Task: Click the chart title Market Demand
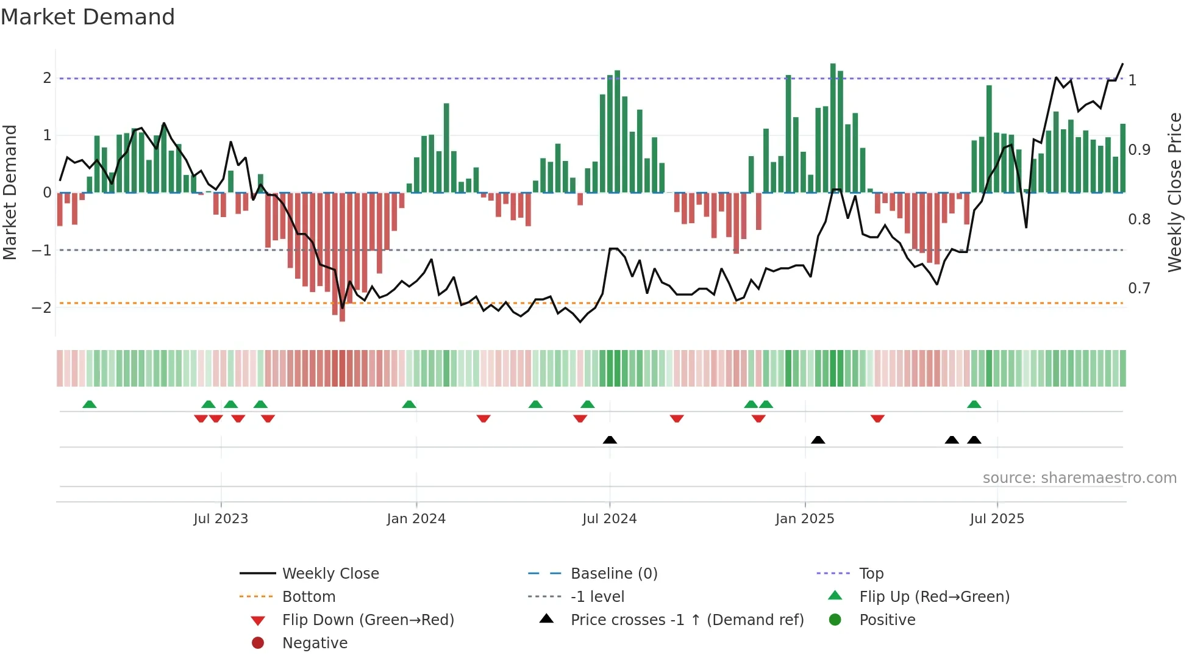tap(88, 17)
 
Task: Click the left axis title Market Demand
tap(10, 192)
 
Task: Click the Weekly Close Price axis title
tap(1174, 192)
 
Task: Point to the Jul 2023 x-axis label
tap(221, 519)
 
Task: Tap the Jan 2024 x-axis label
tap(416, 519)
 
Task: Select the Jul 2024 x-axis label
tap(609, 519)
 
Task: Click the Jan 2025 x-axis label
tap(804, 519)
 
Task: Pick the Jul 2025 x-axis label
tap(997, 519)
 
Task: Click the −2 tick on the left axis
tap(41, 307)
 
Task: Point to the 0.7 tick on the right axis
tap(1139, 288)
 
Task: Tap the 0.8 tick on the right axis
tap(1139, 219)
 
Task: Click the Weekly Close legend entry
tap(330, 574)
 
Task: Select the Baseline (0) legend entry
tap(613, 574)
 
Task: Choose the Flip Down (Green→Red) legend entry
tap(368, 620)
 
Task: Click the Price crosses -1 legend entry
tap(687, 620)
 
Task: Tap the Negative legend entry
tap(315, 643)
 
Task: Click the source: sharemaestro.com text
tap(1079, 478)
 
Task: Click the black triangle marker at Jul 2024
tap(610, 440)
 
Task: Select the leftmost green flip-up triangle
tap(90, 404)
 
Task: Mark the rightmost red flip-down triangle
tap(877, 418)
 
